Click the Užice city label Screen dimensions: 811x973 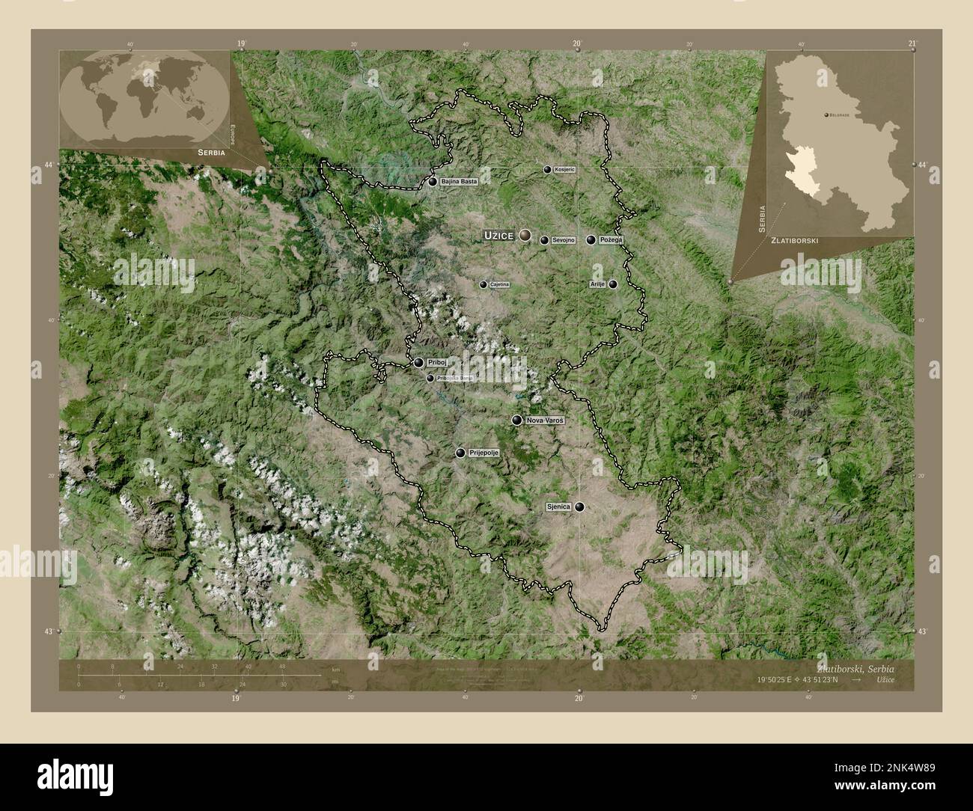(x=498, y=236)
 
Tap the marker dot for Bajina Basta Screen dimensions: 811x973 (x=433, y=182)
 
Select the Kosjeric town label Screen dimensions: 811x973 (x=565, y=170)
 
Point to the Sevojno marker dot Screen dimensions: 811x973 (x=544, y=241)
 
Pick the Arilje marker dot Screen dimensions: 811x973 (x=613, y=284)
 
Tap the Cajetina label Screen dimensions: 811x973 (x=499, y=285)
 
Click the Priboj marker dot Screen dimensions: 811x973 (x=418, y=363)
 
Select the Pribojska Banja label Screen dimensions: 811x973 (x=454, y=379)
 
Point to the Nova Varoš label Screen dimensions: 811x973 (x=545, y=420)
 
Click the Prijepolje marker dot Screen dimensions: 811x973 (x=460, y=453)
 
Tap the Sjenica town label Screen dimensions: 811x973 (x=558, y=507)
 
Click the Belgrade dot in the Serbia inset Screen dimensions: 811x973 (x=825, y=115)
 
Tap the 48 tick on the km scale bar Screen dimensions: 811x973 (x=282, y=667)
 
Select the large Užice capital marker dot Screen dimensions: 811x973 (x=525, y=236)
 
